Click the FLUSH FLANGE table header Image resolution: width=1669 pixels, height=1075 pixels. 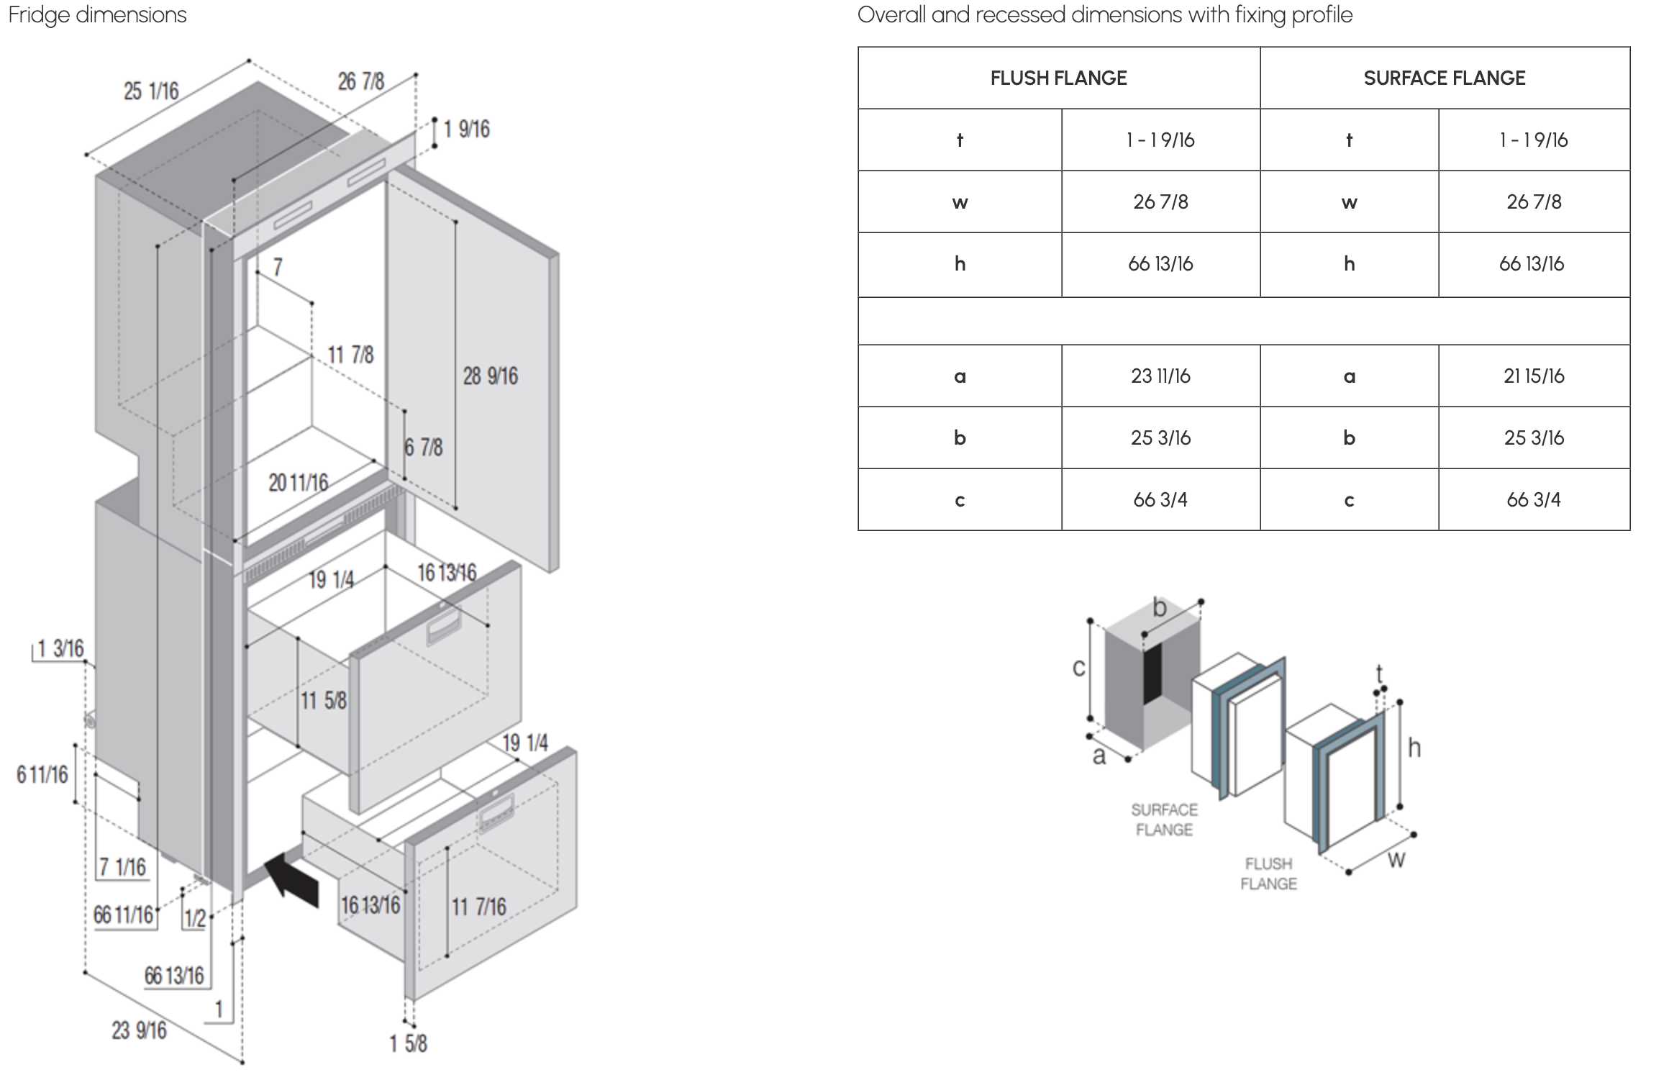1058,78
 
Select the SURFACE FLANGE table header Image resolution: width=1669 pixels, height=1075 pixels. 1445,78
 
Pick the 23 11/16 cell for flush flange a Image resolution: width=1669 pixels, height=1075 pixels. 1160,376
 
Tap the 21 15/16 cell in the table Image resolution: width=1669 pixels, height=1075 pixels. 1534,376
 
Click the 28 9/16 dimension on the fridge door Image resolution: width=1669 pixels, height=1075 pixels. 490,376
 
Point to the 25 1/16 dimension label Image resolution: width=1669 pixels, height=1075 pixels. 151,91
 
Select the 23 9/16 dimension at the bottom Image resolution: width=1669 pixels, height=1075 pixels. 139,1030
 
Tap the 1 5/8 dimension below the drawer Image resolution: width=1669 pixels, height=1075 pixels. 409,1043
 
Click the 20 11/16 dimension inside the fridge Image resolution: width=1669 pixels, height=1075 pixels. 299,482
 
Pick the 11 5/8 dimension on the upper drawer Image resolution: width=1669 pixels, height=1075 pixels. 324,700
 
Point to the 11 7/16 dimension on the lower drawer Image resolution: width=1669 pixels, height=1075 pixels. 479,907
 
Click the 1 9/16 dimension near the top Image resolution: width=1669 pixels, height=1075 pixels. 467,130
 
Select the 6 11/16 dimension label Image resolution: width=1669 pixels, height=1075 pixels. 42,775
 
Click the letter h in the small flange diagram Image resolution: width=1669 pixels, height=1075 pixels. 1414,748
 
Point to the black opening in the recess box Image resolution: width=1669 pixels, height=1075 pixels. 1153,673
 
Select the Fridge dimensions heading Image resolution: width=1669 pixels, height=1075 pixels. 98,15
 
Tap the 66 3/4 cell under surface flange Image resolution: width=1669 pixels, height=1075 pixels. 1534,499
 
